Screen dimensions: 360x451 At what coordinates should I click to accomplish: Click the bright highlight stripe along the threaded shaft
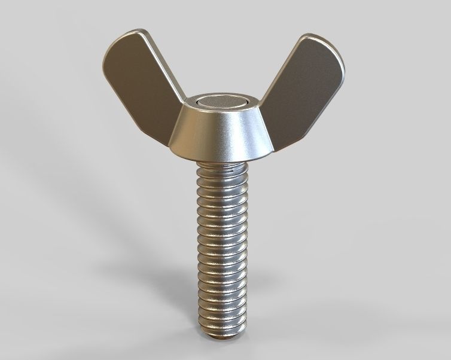209,251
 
